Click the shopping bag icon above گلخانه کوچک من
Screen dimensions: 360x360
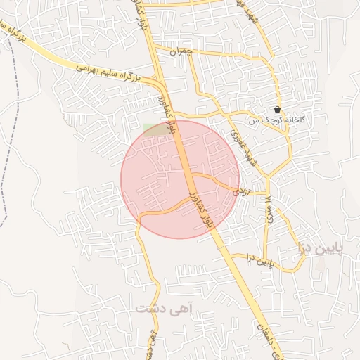tap(277, 110)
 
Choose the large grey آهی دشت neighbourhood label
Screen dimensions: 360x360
tap(164, 308)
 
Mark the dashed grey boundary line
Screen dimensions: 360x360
tap(14, 141)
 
